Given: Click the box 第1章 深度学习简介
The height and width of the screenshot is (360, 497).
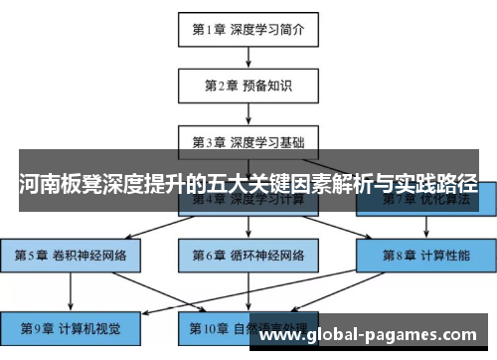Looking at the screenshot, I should point(248,30).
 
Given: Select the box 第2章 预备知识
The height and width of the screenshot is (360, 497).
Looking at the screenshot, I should point(248,86).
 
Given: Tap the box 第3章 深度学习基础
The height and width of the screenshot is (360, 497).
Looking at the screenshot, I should point(248,140).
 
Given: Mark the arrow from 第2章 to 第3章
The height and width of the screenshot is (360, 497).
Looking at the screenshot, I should point(248,112).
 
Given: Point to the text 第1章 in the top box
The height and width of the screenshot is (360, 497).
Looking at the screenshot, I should point(208,30).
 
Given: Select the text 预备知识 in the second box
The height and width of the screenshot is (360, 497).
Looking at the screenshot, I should point(264,86).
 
